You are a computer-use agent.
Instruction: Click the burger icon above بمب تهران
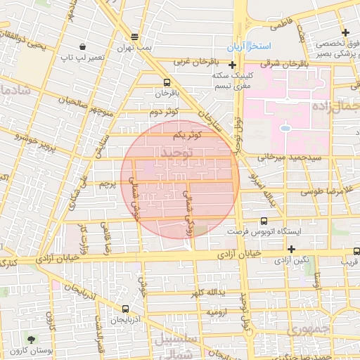click(x=134, y=37)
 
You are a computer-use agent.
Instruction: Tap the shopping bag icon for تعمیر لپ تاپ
click(x=83, y=46)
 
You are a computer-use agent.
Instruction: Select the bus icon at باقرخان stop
click(x=167, y=82)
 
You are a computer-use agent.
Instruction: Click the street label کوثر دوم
click(x=164, y=112)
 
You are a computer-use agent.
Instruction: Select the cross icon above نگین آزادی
click(x=291, y=249)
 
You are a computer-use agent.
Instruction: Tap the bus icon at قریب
click(x=356, y=250)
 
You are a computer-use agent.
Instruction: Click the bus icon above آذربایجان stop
click(x=125, y=309)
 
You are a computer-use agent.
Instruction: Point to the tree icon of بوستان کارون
click(x=30, y=339)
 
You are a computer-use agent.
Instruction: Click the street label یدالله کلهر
click(x=207, y=291)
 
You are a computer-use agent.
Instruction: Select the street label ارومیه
click(x=215, y=311)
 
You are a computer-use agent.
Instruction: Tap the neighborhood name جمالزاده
click(x=341, y=107)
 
